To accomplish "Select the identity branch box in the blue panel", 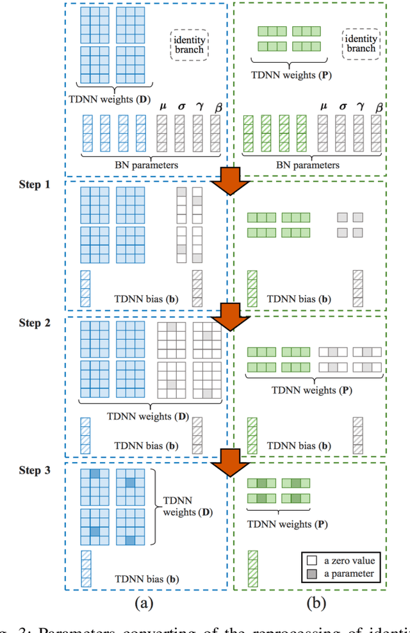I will point(190,45).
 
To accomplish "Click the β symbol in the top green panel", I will point(379,107).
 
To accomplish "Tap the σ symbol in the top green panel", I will point(342,107).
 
